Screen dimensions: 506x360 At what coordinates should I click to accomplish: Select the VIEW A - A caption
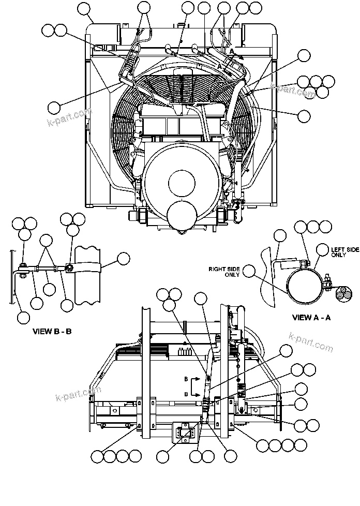pyautogui.click(x=311, y=318)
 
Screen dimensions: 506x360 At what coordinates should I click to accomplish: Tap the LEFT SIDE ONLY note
pyautogui.click(x=344, y=252)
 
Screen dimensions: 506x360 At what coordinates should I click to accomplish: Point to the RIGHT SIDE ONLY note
pyautogui.click(x=225, y=272)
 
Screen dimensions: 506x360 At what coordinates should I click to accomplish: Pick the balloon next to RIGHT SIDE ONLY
pyautogui.click(x=249, y=271)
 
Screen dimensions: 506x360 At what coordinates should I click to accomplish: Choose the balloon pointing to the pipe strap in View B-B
pyautogui.click(x=123, y=259)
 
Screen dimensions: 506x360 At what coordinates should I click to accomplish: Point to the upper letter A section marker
pyautogui.click(x=231, y=51)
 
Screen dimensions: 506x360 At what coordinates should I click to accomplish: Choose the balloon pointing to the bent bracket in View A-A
pyautogui.click(x=279, y=236)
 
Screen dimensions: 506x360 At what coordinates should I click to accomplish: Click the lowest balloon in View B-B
pyautogui.click(x=23, y=317)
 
